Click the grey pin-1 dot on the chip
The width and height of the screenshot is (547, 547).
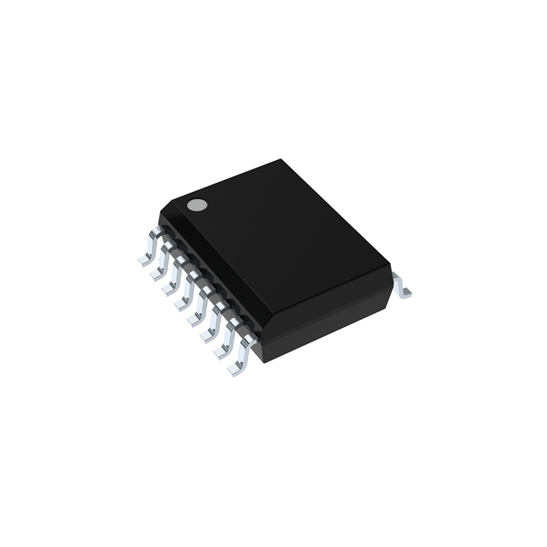(198, 204)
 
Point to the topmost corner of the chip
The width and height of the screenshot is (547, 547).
(281, 160)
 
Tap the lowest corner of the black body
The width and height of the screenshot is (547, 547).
(263, 362)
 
